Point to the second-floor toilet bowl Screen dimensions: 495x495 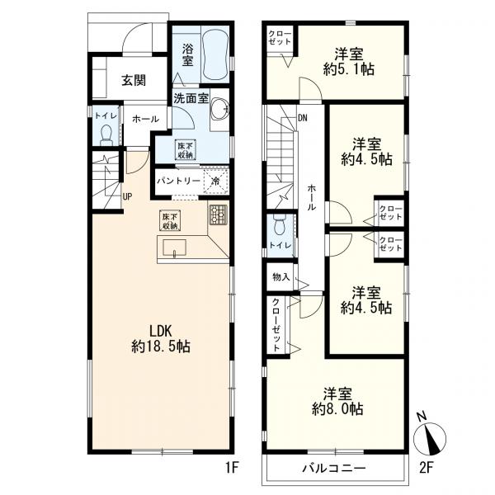(x=280, y=224)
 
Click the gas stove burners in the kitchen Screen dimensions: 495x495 (x=218, y=214)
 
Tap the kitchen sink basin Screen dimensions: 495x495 (x=174, y=247)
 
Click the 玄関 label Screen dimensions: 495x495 (x=134, y=81)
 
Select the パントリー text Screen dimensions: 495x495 (x=179, y=181)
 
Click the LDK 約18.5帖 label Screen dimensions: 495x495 (x=161, y=339)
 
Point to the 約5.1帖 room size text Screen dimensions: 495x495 (x=349, y=69)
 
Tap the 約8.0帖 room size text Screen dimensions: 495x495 (x=337, y=409)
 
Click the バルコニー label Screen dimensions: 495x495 (x=334, y=468)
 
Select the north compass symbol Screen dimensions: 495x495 (x=430, y=438)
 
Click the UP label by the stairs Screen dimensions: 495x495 (x=127, y=197)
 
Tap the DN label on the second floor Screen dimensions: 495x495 (x=303, y=118)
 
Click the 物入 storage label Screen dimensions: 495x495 (x=280, y=277)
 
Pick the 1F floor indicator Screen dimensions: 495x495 (x=231, y=468)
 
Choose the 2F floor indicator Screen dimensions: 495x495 (x=426, y=468)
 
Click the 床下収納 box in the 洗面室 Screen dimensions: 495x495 (x=186, y=149)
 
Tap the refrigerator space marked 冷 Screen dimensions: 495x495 (x=216, y=181)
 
